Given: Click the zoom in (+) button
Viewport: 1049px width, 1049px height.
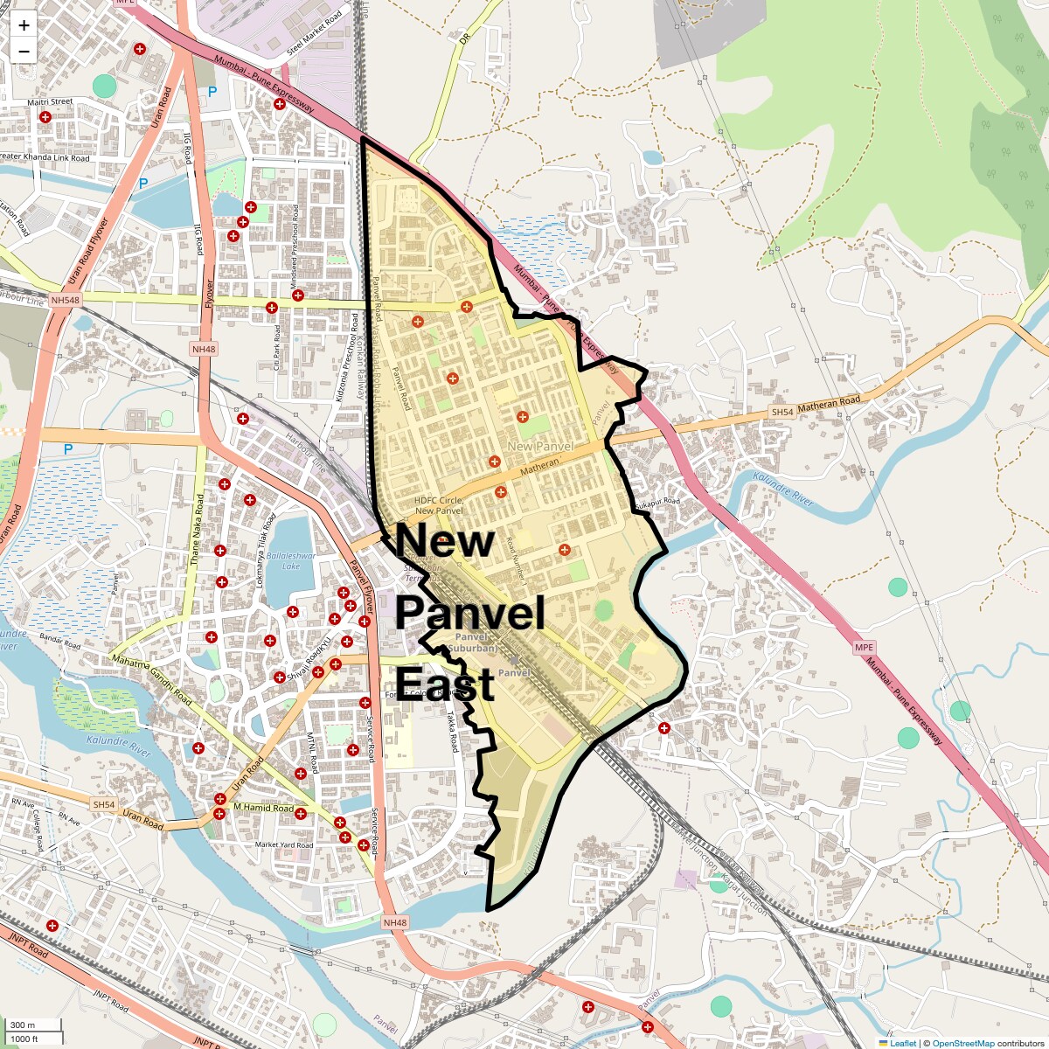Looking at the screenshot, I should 24,25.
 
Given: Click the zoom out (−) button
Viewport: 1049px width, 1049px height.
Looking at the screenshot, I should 24,52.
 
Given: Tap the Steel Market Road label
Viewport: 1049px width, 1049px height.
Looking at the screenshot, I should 315,34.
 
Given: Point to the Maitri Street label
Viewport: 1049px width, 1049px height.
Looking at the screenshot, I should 50,102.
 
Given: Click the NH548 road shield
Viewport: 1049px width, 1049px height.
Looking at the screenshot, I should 65,300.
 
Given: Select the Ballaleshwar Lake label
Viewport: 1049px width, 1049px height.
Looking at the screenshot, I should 291,560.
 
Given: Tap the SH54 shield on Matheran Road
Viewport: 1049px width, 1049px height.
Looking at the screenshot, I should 782,412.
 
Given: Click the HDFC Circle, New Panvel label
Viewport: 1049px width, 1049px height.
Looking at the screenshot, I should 439,505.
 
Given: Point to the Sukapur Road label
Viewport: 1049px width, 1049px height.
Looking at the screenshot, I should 656,504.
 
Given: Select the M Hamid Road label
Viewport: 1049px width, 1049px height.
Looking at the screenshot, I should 263,808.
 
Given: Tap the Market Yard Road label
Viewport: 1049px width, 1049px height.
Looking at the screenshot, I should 283,844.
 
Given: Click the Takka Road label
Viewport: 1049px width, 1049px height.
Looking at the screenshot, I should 452,731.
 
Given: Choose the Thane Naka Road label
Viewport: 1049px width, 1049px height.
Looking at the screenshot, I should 198,529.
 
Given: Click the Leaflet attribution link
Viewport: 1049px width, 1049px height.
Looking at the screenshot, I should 903,1043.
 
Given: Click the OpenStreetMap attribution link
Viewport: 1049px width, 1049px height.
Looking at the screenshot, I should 962,1043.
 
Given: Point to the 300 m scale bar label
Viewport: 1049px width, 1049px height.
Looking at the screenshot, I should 24,1025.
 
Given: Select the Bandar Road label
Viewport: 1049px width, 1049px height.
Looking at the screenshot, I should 59,641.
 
